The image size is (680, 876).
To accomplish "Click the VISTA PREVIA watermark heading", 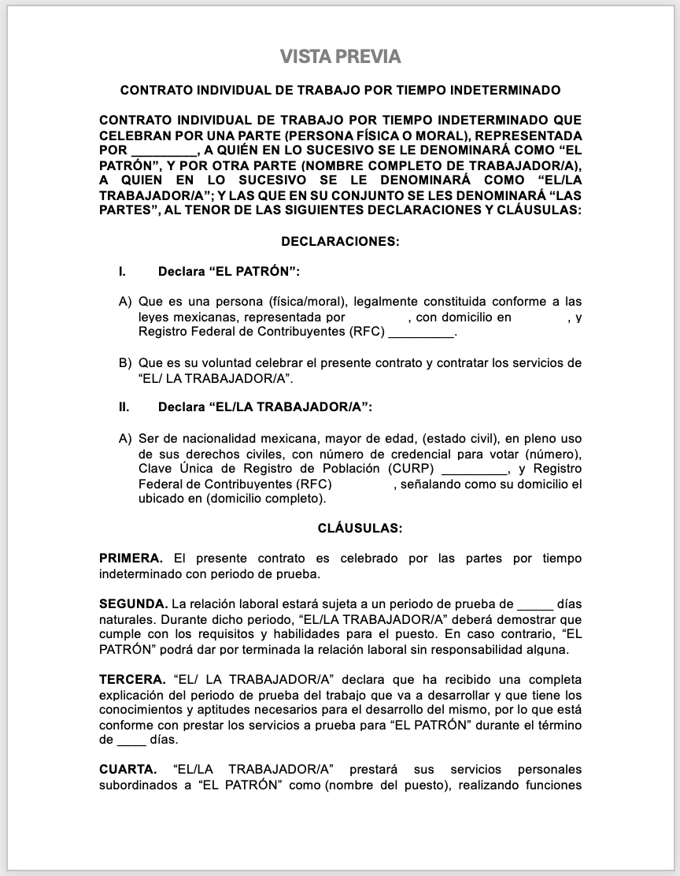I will (x=340, y=57).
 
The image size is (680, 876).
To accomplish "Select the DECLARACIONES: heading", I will (x=340, y=242).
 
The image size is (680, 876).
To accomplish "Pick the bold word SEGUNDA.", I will (x=133, y=604).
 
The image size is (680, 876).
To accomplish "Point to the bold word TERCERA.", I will (x=131, y=679).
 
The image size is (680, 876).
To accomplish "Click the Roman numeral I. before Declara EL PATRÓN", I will (x=123, y=272).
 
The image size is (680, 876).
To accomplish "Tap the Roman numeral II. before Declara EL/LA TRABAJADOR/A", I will (x=124, y=407).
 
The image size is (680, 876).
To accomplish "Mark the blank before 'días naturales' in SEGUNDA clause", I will (x=535, y=605).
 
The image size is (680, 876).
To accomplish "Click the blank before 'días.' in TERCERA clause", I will (x=131, y=741).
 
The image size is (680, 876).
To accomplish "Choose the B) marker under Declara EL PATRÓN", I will (x=124, y=363).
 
